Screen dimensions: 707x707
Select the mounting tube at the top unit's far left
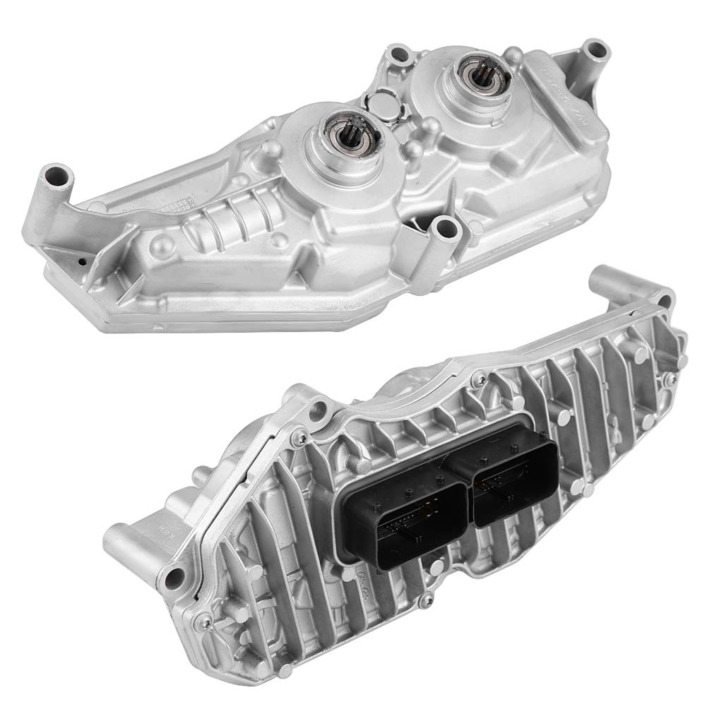[x=55, y=174]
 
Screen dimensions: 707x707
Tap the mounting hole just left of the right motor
[x=402, y=52]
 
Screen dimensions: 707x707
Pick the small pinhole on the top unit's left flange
[x=83, y=261]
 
